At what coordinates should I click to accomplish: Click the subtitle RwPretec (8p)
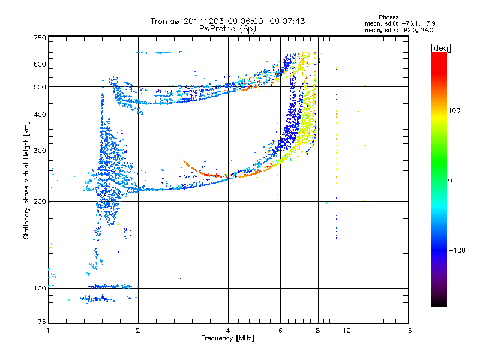point(227,29)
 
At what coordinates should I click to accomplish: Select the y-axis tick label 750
point(40,38)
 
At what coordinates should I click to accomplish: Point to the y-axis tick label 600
point(40,64)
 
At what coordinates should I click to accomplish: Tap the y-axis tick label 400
point(40,115)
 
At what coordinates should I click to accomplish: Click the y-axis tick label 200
point(40,202)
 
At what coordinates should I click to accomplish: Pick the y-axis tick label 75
point(42,322)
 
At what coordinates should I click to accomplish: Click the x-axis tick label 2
point(138,331)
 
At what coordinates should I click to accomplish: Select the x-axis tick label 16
point(408,331)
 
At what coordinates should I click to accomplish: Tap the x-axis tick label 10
point(347,331)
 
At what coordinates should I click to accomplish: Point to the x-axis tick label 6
point(280,331)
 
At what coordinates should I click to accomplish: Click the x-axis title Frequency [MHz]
point(227,338)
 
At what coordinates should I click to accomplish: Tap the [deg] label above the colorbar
point(440,48)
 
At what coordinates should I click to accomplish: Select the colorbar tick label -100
point(457,250)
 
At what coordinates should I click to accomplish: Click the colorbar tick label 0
point(450,180)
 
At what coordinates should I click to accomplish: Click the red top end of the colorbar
point(439,53)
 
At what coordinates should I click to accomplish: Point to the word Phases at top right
point(388,17)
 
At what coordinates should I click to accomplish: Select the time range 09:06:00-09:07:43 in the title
point(266,21)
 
